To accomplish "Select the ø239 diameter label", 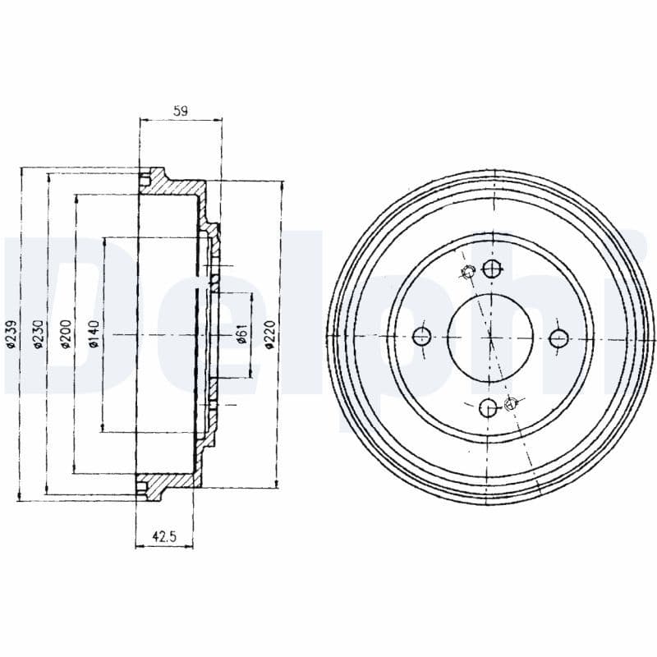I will click(x=11, y=333).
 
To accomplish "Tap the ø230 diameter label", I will click(x=38, y=333).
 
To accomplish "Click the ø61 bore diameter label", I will click(x=241, y=334).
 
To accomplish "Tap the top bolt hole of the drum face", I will click(x=491, y=268).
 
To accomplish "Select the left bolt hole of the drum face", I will click(x=422, y=335).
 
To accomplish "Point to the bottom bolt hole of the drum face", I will click(x=488, y=406).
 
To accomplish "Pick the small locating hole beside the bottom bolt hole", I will click(x=512, y=402).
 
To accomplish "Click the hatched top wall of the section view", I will click(x=177, y=186).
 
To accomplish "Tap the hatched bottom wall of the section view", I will click(x=177, y=482).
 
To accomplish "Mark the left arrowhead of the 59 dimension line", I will click(x=144, y=120).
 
